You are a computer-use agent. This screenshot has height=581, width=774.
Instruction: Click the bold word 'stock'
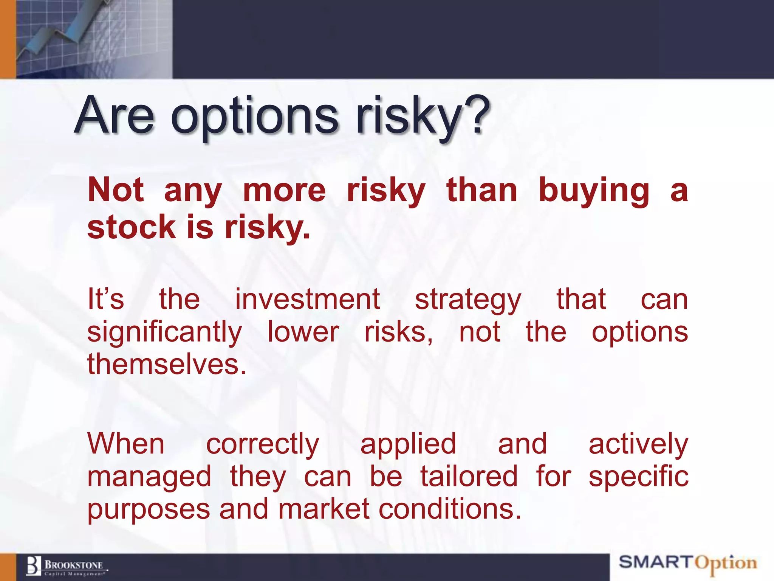[132, 227]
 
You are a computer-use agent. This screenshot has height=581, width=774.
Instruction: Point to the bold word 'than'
[481, 190]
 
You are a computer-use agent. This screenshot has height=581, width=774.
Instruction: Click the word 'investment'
[307, 300]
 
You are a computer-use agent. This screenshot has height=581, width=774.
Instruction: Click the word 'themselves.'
[167, 364]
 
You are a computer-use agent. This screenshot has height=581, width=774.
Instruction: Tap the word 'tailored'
[469, 476]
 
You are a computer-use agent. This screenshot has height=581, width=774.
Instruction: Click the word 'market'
[324, 509]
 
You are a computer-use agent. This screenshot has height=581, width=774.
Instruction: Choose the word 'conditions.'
[450, 509]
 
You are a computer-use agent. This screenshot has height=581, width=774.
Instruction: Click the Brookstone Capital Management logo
[67, 566]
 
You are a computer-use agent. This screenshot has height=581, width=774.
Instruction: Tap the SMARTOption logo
[687, 563]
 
